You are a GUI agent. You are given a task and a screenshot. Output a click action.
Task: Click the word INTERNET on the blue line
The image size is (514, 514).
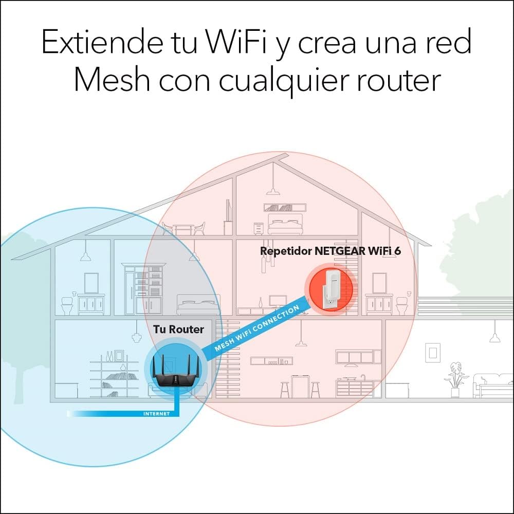156,413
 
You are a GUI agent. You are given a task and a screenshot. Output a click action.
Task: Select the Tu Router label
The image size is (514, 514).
178,329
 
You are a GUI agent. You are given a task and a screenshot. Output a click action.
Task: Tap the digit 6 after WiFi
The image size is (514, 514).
397,251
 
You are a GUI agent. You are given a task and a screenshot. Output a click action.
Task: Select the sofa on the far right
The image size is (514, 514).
492,385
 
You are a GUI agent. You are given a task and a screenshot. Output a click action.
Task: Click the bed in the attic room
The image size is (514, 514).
285,226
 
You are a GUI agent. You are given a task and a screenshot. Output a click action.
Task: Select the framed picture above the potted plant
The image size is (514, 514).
433,353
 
